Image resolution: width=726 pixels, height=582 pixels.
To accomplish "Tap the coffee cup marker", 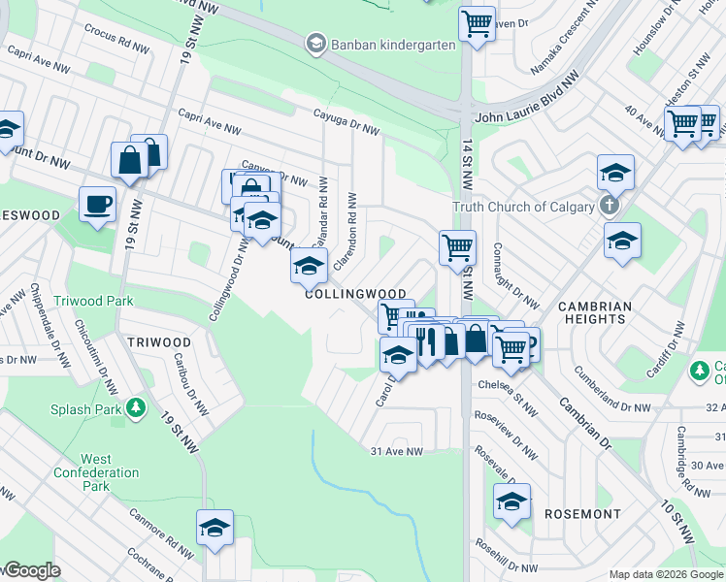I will click(x=97, y=206).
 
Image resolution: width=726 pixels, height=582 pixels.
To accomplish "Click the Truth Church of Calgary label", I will click(x=524, y=207).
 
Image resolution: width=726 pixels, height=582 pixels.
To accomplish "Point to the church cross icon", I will click(x=609, y=206).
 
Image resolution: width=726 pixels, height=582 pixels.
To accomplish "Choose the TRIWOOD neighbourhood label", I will click(x=159, y=342).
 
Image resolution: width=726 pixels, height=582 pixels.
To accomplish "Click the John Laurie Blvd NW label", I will click(x=527, y=115).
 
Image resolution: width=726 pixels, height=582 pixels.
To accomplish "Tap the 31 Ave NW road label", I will click(x=397, y=451).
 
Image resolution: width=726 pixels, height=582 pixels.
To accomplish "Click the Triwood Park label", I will click(x=94, y=301).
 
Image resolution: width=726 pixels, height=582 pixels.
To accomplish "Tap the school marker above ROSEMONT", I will click(x=511, y=501).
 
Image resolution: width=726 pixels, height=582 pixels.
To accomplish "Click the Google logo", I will click(x=31, y=571).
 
